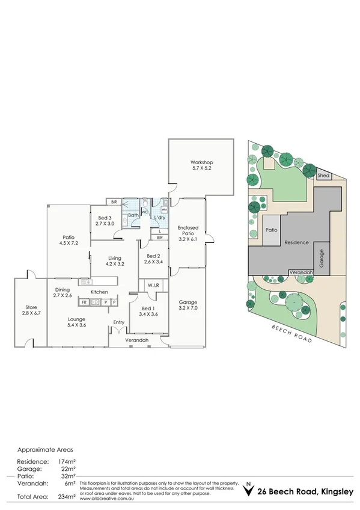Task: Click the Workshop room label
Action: (202, 162)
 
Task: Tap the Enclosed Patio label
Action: (188, 232)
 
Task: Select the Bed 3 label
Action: (105, 218)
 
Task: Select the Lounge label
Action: (76, 319)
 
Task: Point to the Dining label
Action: (63, 289)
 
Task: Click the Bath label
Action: (133, 214)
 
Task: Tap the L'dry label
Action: (159, 217)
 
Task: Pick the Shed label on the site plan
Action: (324, 176)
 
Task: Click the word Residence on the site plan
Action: (297, 242)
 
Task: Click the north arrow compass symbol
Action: (247, 490)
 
